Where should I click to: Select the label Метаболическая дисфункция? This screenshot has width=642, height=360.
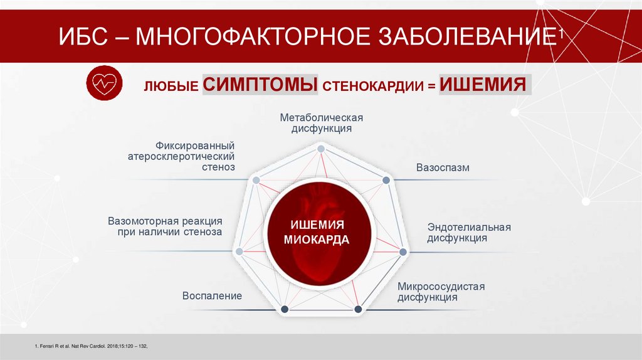pyautogui.click(x=321, y=123)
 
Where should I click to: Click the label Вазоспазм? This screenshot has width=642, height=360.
pyautogui.click(x=443, y=168)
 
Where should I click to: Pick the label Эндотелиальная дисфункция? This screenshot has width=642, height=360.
pyautogui.click(x=469, y=233)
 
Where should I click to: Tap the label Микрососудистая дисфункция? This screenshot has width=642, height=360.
pyautogui.click(x=441, y=292)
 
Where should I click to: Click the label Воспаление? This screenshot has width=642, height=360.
pyautogui.click(x=212, y=295)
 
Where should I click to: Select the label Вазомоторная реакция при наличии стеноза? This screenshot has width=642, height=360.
pyautogui.click(x=165, y=227)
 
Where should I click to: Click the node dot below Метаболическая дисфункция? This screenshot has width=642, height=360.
pyautogui.click(x=320, y=149)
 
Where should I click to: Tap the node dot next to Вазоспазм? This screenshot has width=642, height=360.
pyautogui.click(x=386, y=180)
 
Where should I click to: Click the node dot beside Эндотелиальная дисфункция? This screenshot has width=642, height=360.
pyautogui.click(x=403, y=252)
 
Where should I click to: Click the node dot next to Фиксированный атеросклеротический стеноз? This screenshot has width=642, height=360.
pyautogui.click(x=256, y=180)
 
